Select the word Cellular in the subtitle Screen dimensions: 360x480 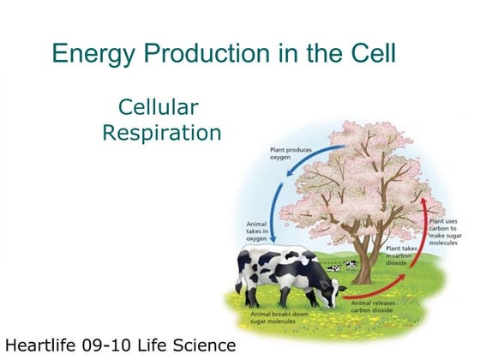159,107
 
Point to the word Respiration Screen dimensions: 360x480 161,133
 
